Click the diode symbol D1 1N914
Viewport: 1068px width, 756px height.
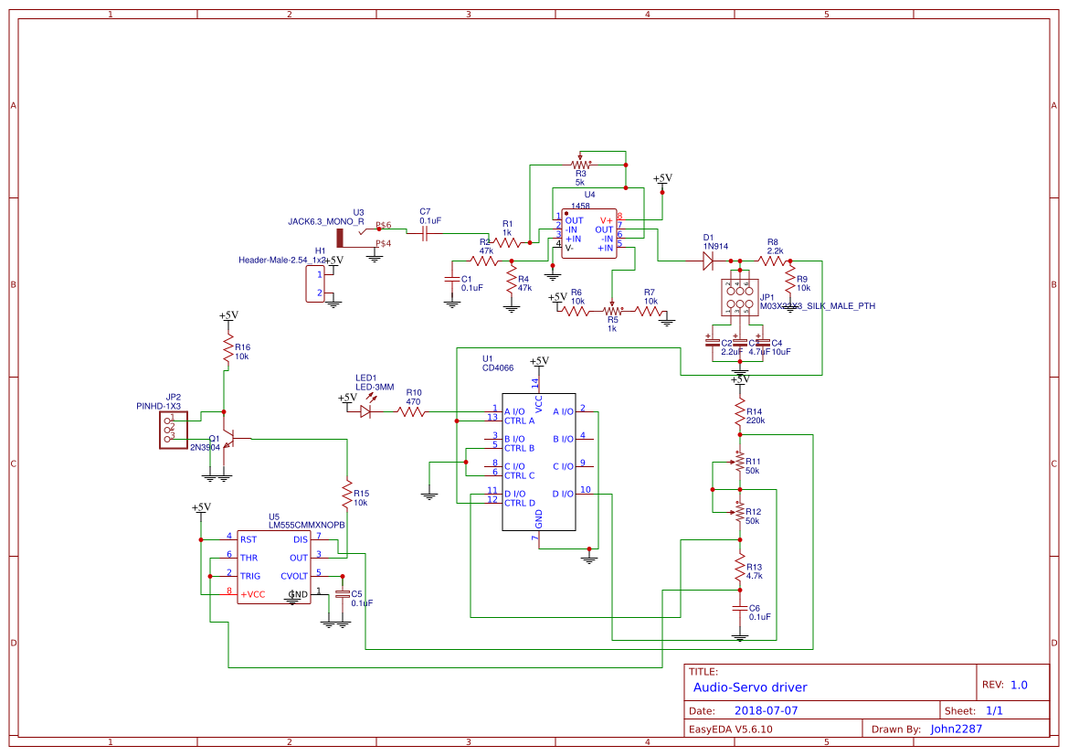tap(707, 261)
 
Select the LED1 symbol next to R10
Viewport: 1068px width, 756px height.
tap(365, 412)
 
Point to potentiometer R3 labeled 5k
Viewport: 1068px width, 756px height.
tap(579, 165)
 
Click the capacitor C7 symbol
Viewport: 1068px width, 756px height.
tap(424, 233)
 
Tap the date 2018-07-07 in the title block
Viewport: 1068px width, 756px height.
tap(766, 710)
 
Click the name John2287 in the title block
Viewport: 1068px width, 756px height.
tap(956, 729)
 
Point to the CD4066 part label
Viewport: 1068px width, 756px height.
tap(498, 368)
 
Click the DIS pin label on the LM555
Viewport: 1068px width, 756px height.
tap(300, 539)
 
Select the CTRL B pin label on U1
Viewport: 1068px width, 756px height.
tap(520, 448)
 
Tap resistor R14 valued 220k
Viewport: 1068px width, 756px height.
tap(740, 416)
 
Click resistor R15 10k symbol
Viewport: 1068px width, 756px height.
tap(347, 495)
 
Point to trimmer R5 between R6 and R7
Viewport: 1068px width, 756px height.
tap(610, 311)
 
